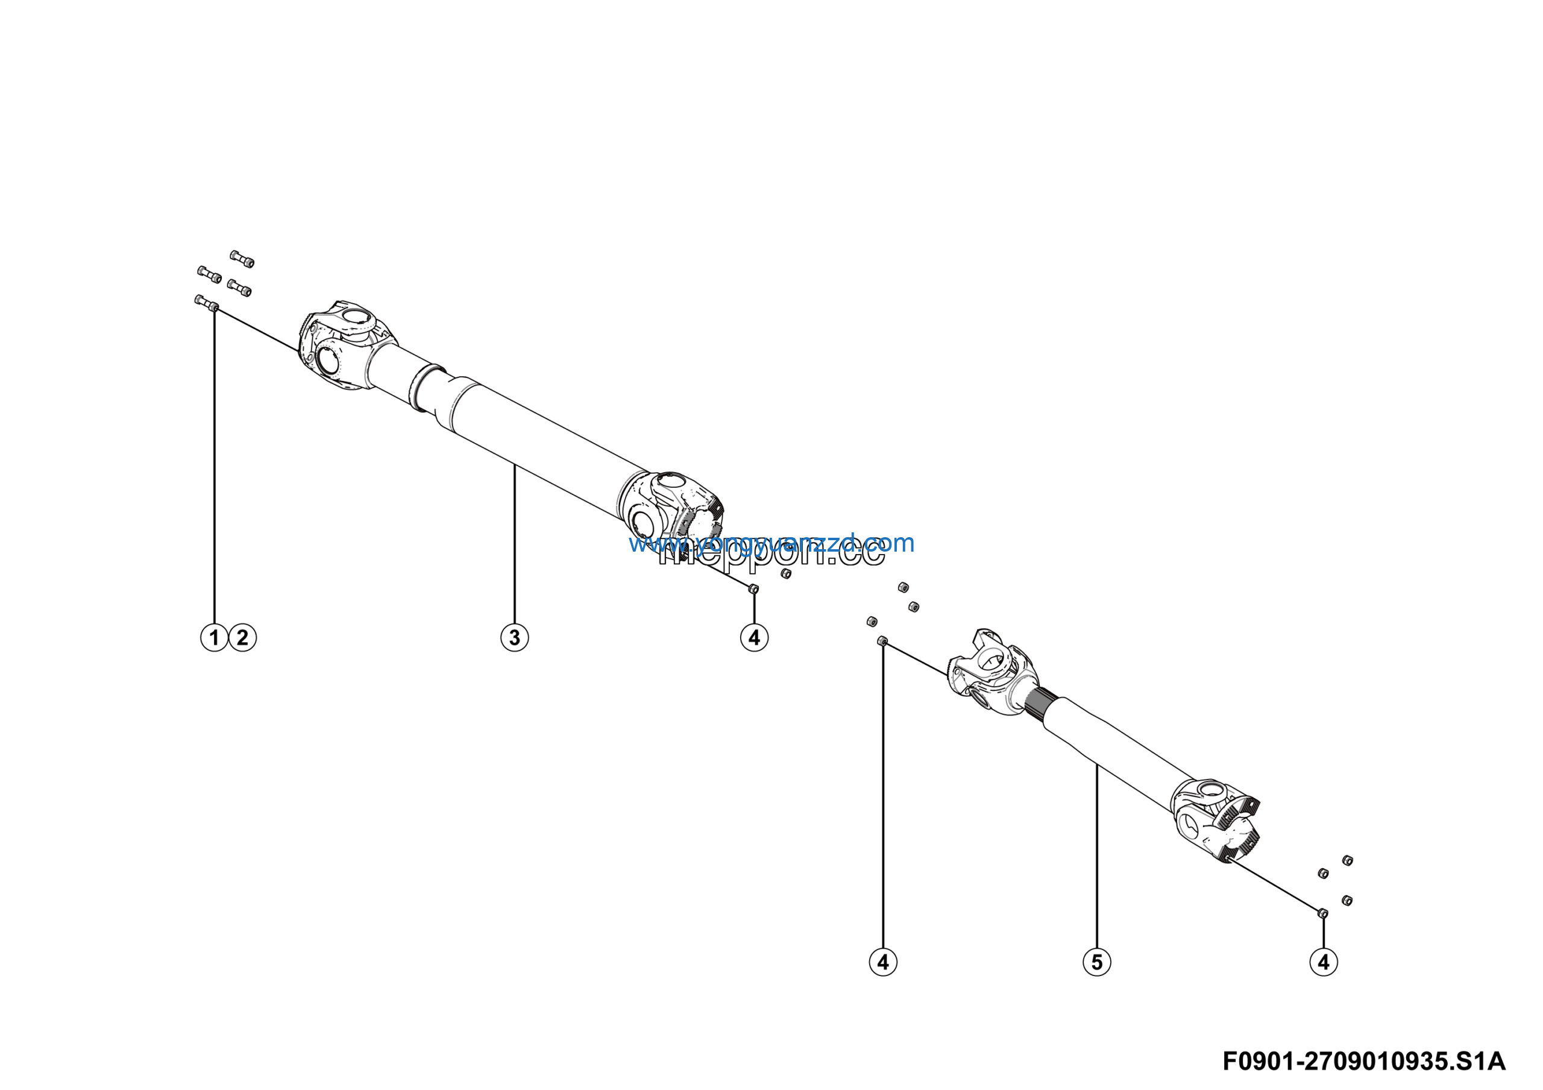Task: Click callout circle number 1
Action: pos(215,637)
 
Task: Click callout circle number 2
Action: pos(243,637)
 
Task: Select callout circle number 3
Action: pos(514,637)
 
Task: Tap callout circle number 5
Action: pos(1097,962)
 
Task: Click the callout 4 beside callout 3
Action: pos(754,637)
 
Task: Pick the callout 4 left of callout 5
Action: pos(883,962)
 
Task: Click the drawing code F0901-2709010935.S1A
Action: pos(1363,1061)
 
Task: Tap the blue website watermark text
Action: pos(771,543)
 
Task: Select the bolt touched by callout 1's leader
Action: pos(206,303)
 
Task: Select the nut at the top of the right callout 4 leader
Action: pos(1322,913)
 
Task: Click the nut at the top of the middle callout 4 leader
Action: pos(883,641)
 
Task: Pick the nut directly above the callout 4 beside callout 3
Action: pos(753,588)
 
